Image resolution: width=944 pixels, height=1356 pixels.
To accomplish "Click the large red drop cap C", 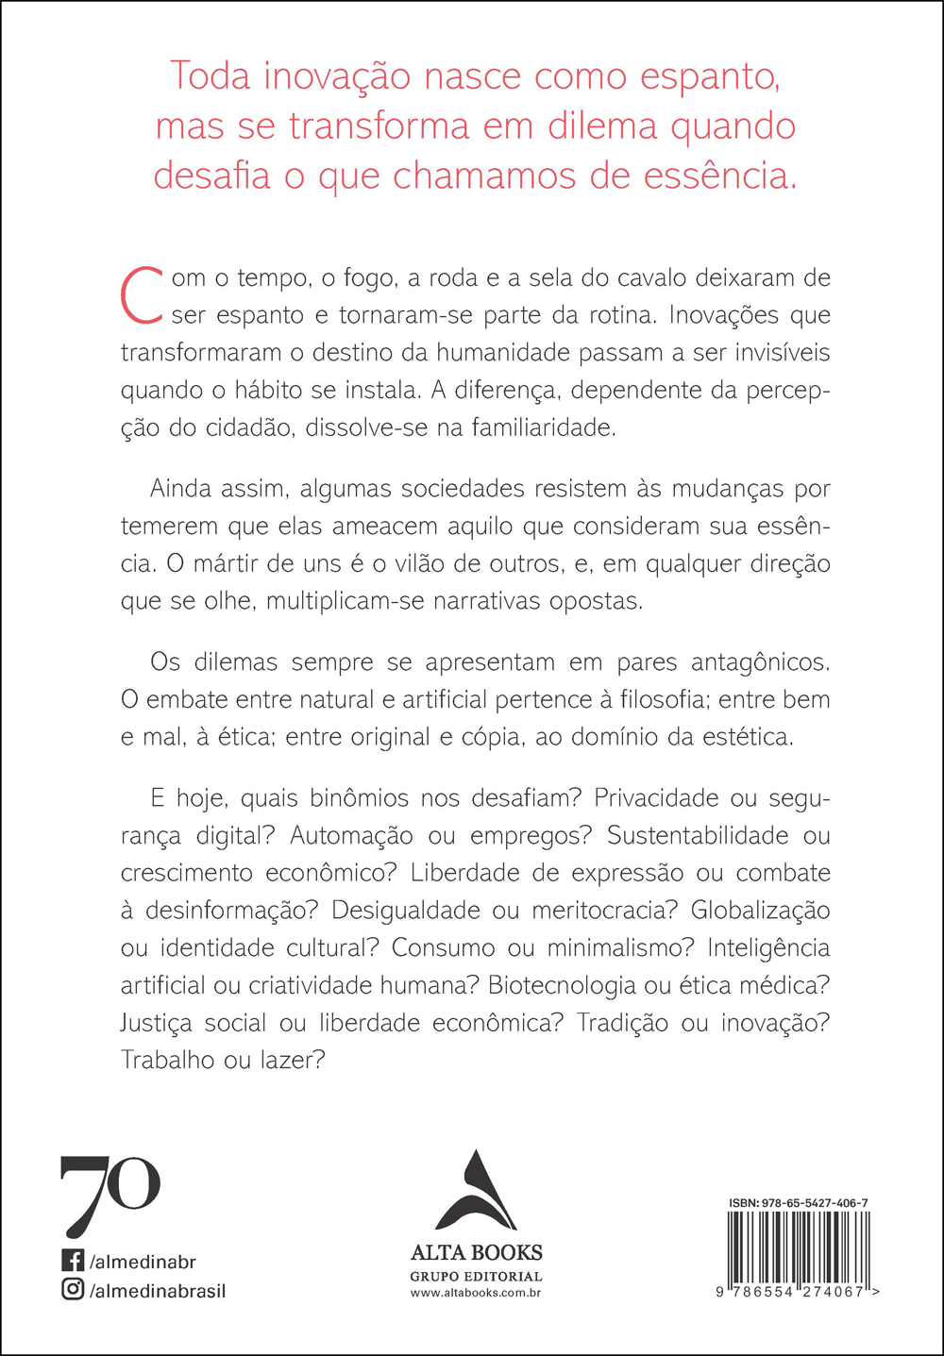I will click(144, 295).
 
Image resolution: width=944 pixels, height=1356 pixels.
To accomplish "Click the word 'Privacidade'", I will click(656, 798).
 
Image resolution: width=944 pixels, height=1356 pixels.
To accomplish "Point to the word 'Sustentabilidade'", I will click(698, 836).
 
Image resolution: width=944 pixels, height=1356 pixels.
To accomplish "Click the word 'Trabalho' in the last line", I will click(167, 1061).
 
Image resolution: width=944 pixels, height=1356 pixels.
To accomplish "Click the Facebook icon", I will click(73, 1261).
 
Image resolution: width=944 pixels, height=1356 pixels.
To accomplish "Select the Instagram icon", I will click(73, 1289).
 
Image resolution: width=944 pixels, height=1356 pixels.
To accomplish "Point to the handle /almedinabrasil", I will click(158, 1290).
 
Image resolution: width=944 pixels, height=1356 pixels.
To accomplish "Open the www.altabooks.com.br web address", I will click(476, 1293).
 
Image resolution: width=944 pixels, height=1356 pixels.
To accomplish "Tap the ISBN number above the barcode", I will click(798, 1203).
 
